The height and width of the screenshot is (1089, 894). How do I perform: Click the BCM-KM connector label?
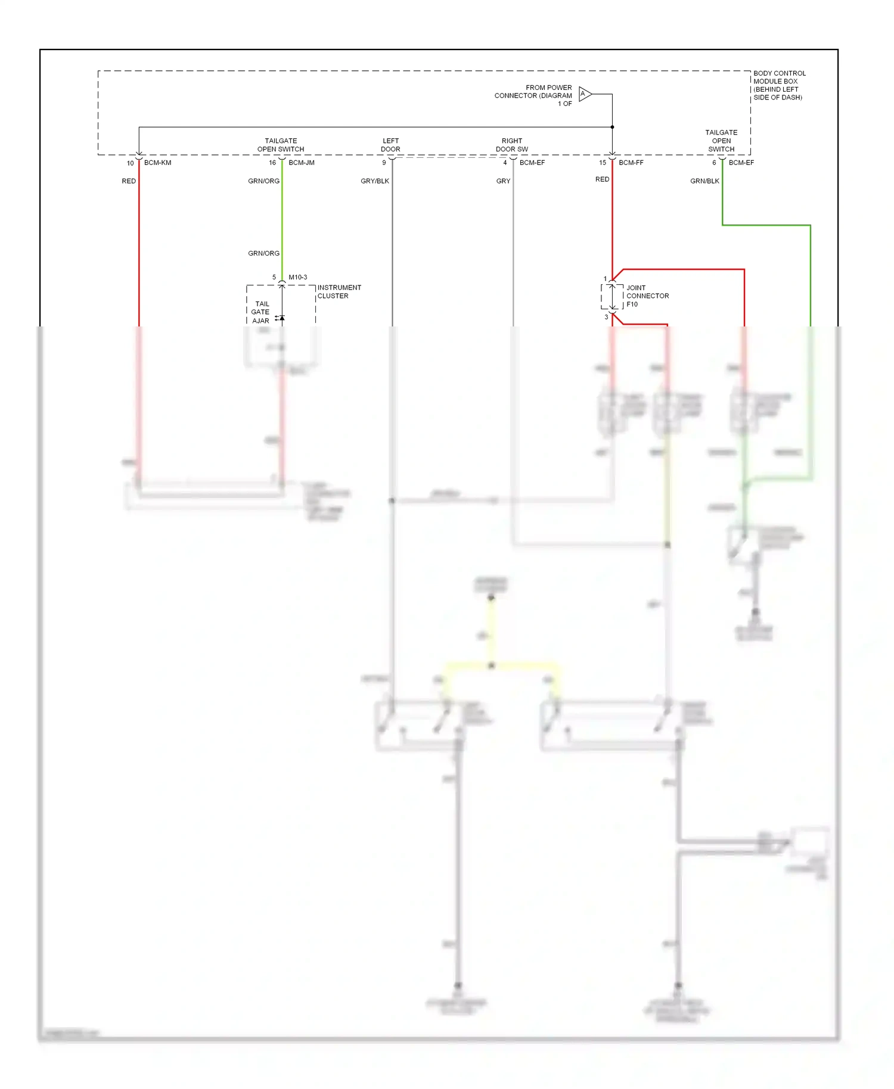click(157, 163)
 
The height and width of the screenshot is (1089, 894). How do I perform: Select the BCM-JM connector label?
click(302, 163)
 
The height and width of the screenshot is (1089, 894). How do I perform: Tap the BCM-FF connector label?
click(631, 163)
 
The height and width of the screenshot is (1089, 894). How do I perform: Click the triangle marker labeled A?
click(585, 94)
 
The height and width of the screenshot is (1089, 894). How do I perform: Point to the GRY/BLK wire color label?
click(375, 181)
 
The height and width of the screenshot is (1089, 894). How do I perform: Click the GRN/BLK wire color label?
click(704, 181)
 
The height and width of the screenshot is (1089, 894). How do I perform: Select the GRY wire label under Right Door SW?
click(503, 181)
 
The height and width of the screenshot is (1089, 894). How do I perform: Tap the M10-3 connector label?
click(298, 277)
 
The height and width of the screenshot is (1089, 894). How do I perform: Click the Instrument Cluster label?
click(339, 292)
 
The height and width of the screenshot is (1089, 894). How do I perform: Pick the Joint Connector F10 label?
click(647, 296)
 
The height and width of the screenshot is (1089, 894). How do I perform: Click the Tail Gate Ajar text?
click(261, 312)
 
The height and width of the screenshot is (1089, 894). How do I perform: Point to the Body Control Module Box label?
click(779, 85)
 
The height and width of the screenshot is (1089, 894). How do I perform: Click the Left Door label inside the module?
click(391, 145)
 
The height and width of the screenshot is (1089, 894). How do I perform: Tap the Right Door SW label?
click(512, 145)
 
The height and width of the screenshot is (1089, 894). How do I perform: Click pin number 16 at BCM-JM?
click(272, 163)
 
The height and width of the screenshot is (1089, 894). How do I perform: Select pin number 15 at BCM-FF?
click(603, 163)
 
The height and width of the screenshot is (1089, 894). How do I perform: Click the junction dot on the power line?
click(612, 127)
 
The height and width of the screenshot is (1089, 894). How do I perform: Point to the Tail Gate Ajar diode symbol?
click(281, 318)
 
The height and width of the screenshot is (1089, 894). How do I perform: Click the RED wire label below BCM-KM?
click(129, 181)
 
